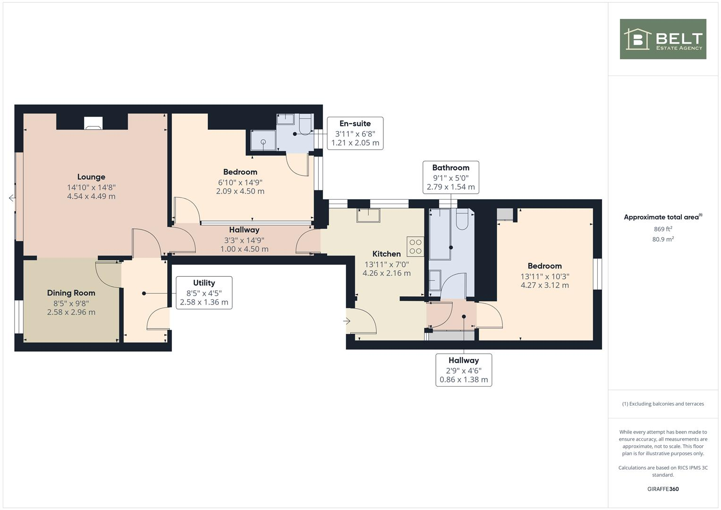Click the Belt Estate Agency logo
(x=662, y=39)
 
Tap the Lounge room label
(x=91, y=177)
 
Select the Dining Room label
(x=71, y=293)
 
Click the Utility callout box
(x=204, y=293)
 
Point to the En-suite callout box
(x=355, y=133)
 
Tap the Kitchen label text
(x=386, y=254)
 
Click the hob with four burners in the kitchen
(x=416, y=246)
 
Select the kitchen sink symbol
(x=368, y=215)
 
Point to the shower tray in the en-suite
(x=263, y=140)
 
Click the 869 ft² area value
(x=662, y=229)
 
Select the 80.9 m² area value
(x=662, y=239)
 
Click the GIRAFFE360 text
(x=662, y=489)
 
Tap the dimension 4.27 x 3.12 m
(x=544, y=285)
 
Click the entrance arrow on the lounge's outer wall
(x=12, y=198)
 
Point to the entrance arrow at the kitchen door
(x=347, y=321)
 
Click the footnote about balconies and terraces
(x=662, y=404)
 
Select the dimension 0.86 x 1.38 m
(x=463, y=380)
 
